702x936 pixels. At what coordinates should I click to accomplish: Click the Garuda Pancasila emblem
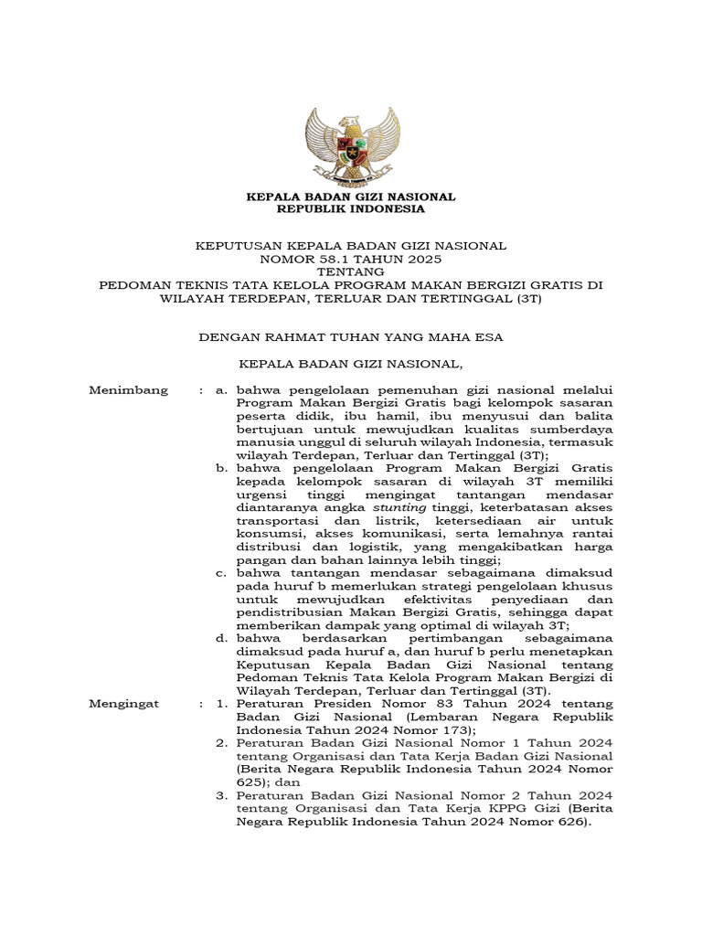(x=352, y=145)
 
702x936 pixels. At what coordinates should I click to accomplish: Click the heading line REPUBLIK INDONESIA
(x=352, y=209)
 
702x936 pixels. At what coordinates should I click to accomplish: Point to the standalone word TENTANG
(x=352, y=271)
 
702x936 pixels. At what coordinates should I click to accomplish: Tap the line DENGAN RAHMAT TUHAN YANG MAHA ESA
(x=352, y=337)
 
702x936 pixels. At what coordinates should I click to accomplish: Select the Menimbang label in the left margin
(x=129, y=390)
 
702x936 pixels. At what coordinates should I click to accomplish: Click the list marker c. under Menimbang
(x=220, y=573)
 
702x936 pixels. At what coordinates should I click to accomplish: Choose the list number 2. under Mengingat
(x=220, y=744)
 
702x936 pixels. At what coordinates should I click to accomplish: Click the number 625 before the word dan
(x=248, y=783)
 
